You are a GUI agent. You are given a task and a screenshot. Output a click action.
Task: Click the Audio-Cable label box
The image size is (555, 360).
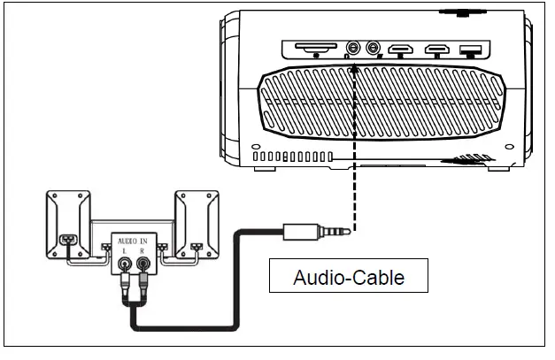349,277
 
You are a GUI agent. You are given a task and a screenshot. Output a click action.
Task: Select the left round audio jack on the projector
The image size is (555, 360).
354,50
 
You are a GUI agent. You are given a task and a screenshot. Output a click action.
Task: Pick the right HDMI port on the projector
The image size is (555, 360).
437,50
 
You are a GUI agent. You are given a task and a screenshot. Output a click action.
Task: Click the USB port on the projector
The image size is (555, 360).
471,50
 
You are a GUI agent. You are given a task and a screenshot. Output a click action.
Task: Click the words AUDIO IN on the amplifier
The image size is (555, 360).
132,240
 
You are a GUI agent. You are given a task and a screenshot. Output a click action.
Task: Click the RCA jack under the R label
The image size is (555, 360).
142,264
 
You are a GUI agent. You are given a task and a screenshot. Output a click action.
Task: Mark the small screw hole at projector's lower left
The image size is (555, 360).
256,146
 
